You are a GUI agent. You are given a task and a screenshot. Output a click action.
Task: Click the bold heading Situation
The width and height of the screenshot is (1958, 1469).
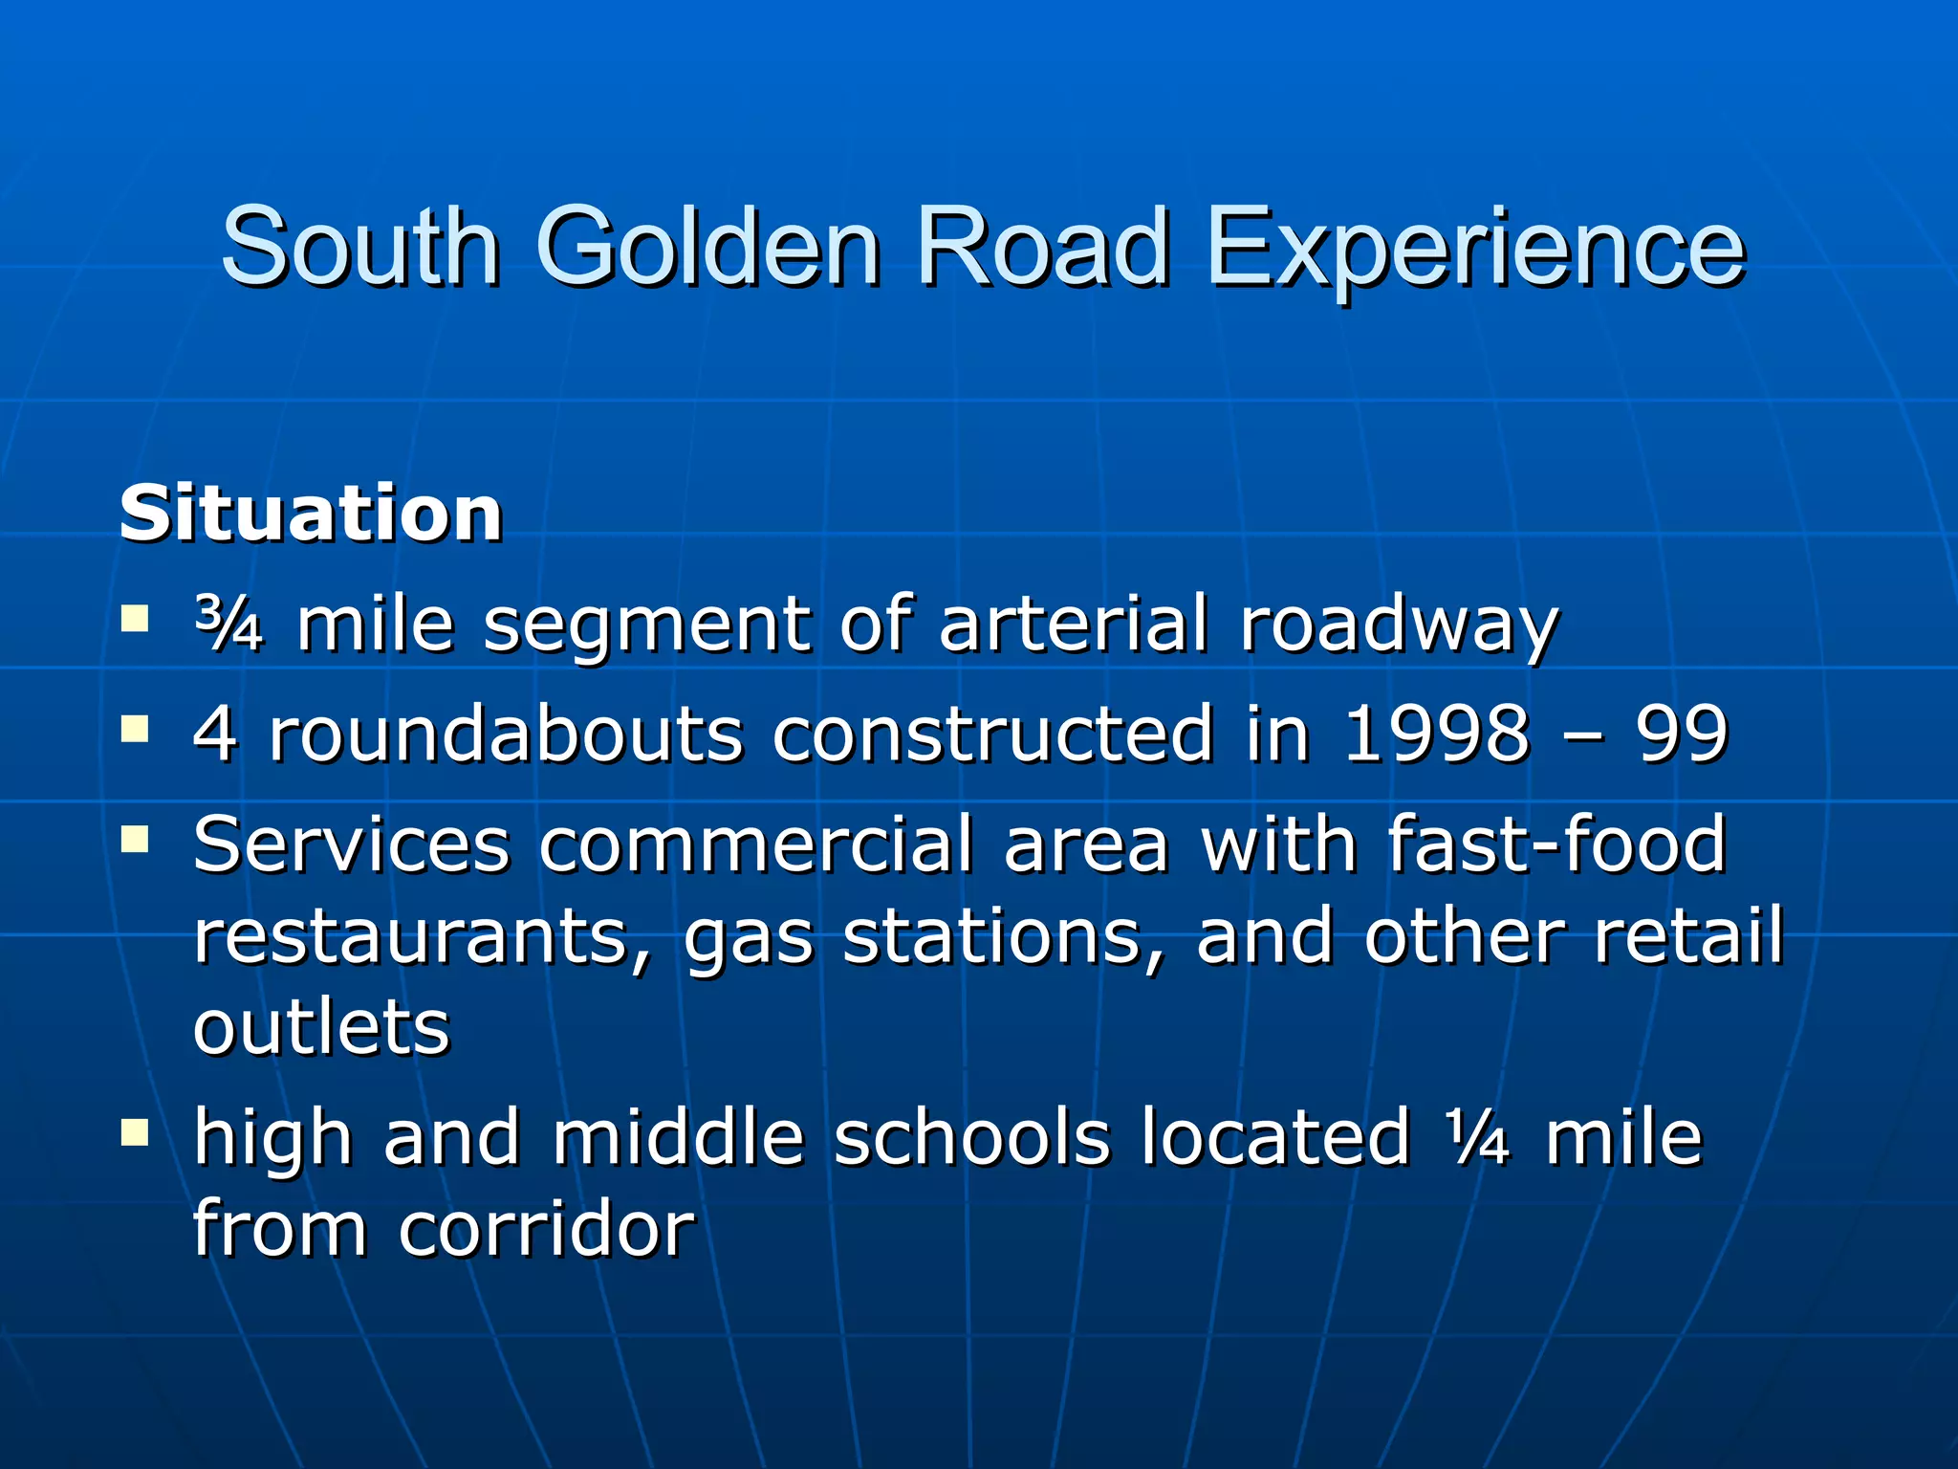click(x=311, y=514)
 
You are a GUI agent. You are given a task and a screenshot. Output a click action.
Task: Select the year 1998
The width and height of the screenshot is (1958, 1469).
click(x=1437, y=734)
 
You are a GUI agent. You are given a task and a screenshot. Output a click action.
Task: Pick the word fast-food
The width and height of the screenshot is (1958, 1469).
click(x=1556, y=844)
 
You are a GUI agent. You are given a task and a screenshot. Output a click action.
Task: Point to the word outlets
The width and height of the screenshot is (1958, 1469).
click(x=321, y=1027)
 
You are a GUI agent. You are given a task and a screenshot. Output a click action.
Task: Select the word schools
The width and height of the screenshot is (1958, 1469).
click(x=972, y=1138)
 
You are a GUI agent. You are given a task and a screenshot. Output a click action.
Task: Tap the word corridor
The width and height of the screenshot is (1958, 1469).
click(x=547, y=1229)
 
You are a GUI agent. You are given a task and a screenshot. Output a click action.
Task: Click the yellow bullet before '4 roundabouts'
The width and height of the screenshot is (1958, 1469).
click(x=135, y=730)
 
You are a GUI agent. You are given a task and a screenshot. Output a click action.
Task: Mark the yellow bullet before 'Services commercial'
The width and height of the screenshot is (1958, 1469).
click(x=135, y=839)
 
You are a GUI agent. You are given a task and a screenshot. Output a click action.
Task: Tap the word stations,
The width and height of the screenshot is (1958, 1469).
click(x=1005, y=937)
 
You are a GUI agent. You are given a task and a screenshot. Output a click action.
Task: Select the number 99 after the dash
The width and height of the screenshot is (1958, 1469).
click(x=1682, y=734)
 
